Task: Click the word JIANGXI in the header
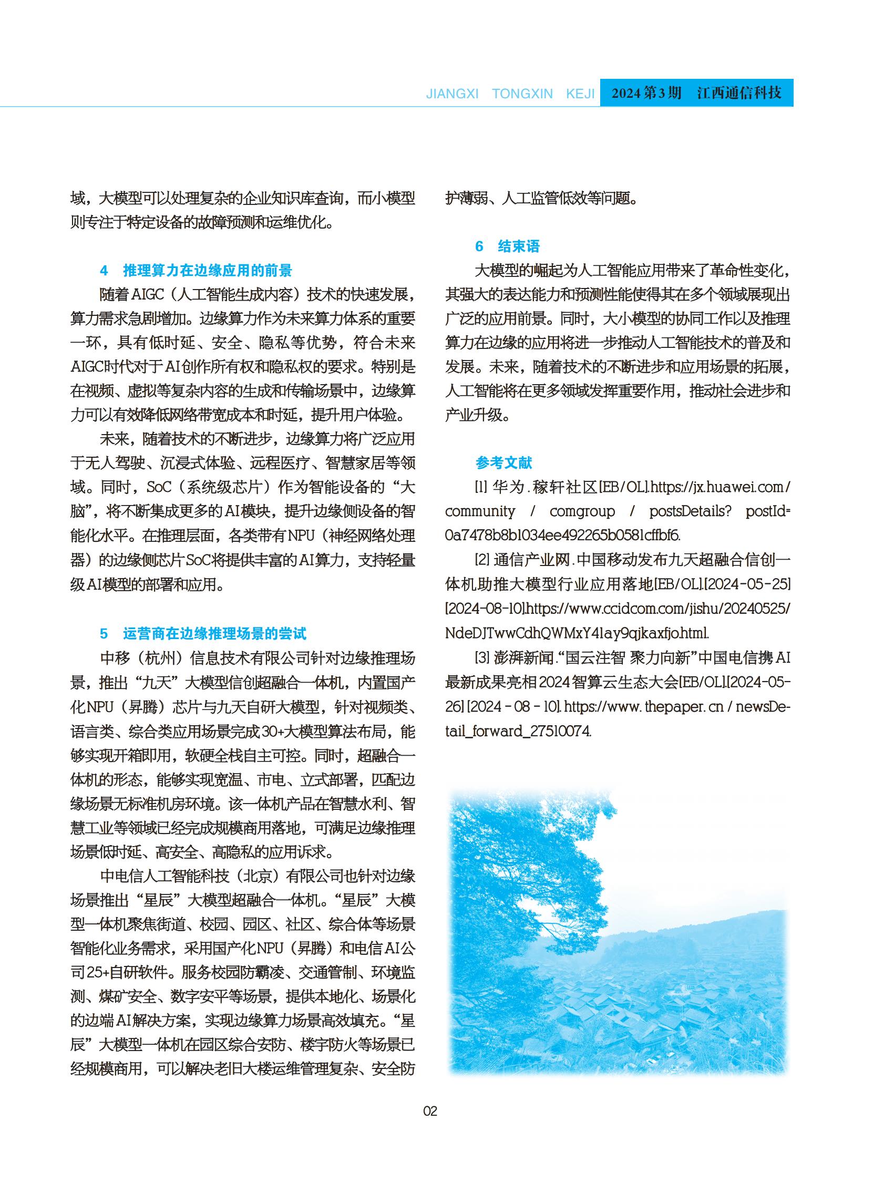point(453,94)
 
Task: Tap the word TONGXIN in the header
point(522,94)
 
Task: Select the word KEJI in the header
point(580,94)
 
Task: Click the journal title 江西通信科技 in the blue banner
point(739,92)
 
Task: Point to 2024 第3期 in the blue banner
point(646,92)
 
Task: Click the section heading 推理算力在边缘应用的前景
point(207,271)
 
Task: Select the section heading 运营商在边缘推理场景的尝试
point(214,634)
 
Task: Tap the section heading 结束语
point(518,247)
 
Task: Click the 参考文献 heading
point(504,462)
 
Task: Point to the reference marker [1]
point(481,488)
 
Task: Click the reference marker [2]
point(481,560)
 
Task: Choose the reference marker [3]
point(481,658)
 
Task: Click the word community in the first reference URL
point(480,511)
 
